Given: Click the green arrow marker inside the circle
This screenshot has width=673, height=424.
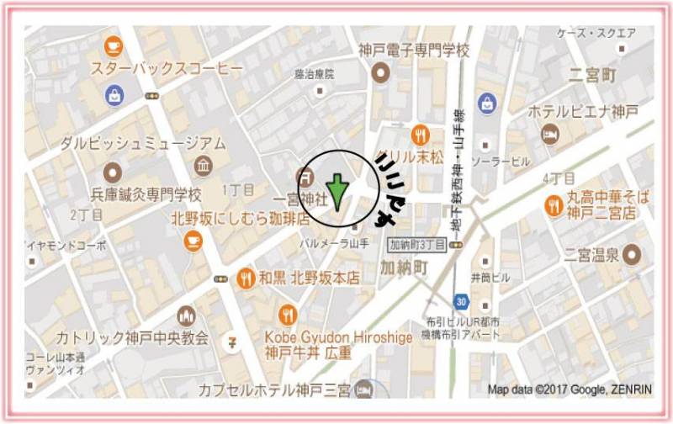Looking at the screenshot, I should point(336,192).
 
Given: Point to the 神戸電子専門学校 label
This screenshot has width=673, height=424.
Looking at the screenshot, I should point(413,50).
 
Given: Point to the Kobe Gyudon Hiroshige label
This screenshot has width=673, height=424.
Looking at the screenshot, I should point(338,337).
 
